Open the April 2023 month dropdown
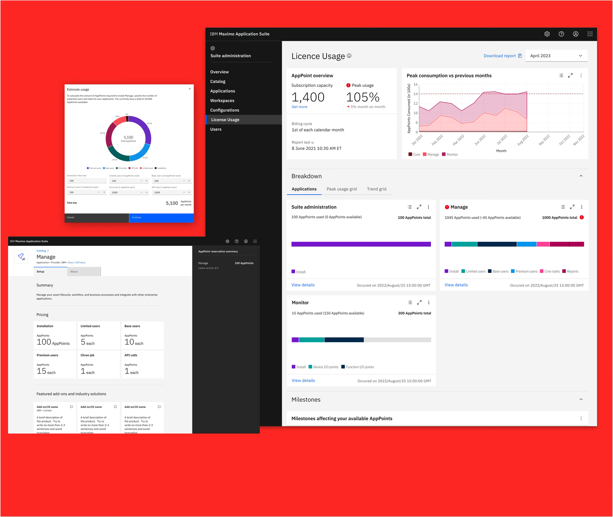pos(556,56)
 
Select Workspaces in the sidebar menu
pos(222,101)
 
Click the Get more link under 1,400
pos(299,107)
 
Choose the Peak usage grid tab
pos(342,189)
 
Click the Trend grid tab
pos(376,189)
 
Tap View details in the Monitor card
pos(303,380)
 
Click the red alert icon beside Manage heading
pos(447,207)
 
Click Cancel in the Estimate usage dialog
pos(97,217)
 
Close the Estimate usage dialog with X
pos(190,89)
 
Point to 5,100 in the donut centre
pos(128,137)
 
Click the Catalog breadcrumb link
pos(41,251)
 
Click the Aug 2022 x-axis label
pos(523,140)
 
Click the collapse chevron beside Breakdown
pos(581,176)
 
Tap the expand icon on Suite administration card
pos(419,207)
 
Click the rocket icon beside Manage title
pos(21,257)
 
